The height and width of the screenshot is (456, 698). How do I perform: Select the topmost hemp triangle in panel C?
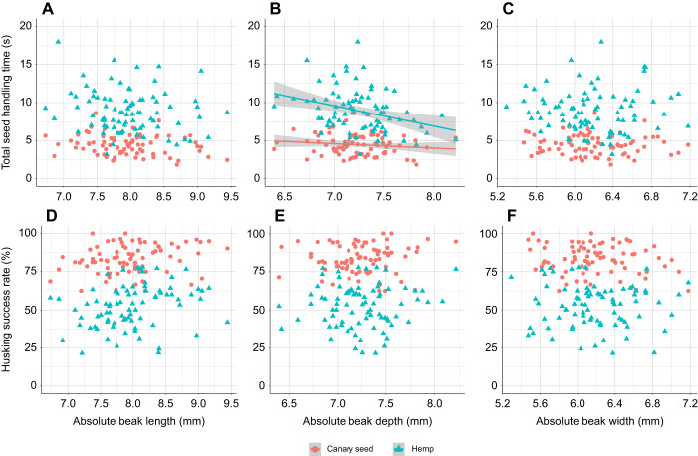(601, 42)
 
